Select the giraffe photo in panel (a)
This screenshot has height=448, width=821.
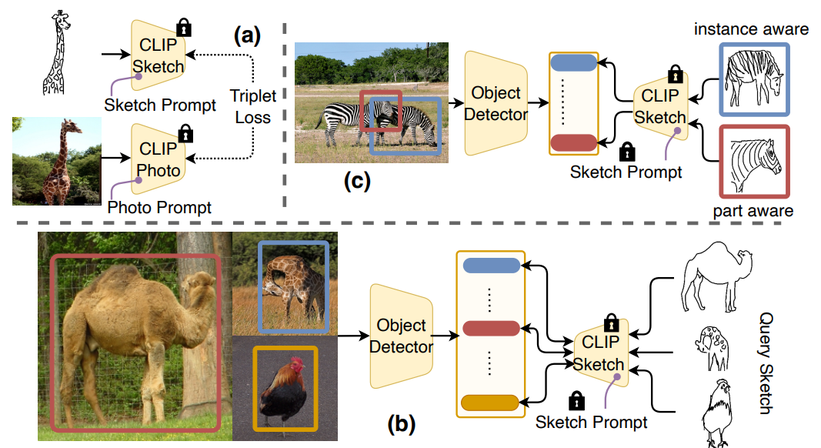56,160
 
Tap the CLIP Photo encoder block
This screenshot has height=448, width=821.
158,159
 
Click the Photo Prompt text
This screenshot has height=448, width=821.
159,207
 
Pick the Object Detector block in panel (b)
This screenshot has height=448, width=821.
401,336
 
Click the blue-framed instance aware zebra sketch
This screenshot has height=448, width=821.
754,79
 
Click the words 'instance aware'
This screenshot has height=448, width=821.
750,30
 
